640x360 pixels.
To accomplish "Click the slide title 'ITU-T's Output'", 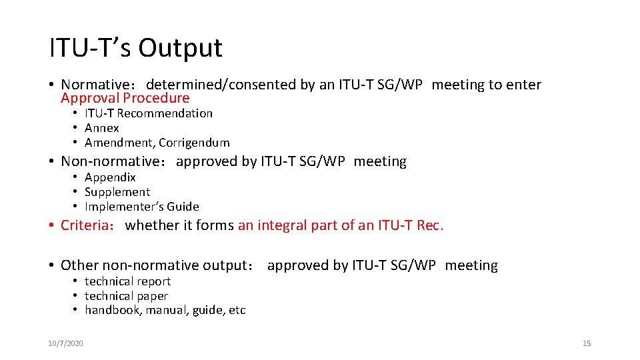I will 135,48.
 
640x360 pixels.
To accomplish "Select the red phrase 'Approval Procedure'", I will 125,99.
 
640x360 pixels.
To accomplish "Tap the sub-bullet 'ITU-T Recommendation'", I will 148,113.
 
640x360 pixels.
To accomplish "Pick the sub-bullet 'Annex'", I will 101,128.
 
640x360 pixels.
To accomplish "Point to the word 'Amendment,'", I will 119,143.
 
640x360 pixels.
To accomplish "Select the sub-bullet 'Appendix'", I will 110,177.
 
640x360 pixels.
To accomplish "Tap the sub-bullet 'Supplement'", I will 117,192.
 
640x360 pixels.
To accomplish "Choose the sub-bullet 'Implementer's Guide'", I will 141,207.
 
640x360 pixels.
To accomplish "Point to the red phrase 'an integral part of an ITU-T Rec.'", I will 341,225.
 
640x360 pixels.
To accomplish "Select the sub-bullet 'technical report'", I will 127,281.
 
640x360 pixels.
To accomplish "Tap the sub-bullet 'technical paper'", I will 126,296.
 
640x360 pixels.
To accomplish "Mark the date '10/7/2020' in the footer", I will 65,343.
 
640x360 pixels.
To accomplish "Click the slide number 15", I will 587,343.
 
